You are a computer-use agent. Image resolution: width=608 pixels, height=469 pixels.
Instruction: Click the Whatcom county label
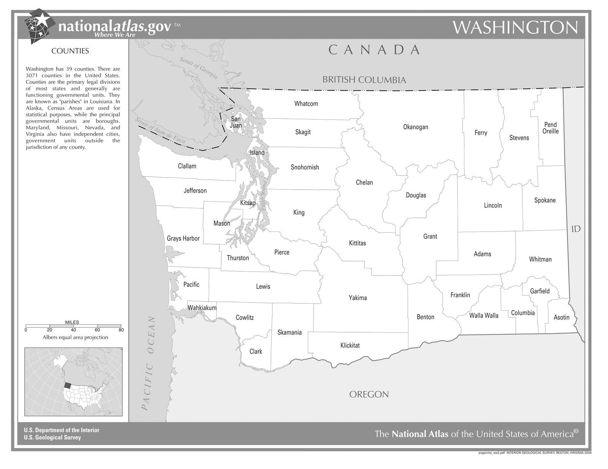point(306,104)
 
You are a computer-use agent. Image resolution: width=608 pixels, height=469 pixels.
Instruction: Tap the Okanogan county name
point(415,127)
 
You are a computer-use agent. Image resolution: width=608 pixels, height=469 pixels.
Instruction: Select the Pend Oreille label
point(550,128)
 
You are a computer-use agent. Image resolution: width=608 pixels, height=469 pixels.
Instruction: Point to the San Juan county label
point(236,122)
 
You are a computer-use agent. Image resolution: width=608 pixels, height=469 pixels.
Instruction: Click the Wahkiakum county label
point(202,308)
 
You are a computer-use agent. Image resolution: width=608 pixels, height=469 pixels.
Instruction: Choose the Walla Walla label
point(483,315)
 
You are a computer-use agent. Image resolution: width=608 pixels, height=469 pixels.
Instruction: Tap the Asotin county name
point(561,317)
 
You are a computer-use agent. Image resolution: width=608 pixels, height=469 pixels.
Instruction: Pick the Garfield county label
point(540,291)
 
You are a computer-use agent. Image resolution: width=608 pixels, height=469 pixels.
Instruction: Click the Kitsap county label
point(248,203)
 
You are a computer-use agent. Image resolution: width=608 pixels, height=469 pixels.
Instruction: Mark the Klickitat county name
point(350,345)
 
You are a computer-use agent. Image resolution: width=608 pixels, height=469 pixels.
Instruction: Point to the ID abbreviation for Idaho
point(576,229)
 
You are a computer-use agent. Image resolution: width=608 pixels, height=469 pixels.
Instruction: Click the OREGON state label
point(369,394)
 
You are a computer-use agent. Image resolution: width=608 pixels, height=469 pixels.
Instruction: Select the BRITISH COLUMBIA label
point(364,80)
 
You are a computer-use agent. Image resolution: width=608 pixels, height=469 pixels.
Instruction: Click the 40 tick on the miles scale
point(73,330)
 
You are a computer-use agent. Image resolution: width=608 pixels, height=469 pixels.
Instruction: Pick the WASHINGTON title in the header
point(515,27)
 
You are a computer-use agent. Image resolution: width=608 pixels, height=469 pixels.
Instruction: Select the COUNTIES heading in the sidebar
point(70,51)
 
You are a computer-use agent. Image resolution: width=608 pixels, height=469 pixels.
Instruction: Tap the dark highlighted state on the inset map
point(67,385)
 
